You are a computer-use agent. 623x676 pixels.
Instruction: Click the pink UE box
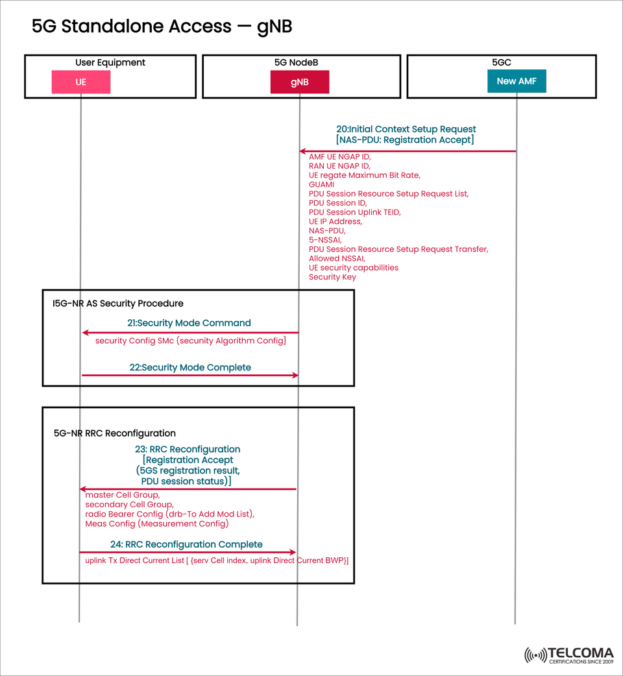coord(81,82)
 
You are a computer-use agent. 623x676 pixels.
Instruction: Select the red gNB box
coord(299,82)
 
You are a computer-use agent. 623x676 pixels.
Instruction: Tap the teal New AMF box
coord(517,81)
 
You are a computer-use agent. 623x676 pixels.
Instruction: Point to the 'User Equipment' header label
coord(110,62)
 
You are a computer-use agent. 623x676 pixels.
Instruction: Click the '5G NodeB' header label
coord(296,62)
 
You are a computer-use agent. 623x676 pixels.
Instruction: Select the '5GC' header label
coord(502,62)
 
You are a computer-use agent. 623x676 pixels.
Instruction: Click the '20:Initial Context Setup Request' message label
coord(406,129)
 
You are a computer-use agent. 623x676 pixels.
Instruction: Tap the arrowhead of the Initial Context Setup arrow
coord(302,151)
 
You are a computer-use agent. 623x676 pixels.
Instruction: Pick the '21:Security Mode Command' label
coord(189,322)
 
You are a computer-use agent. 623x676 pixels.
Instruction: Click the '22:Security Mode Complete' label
coord(190,367)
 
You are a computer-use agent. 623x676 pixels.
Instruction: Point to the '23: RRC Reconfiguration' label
coord(188,449)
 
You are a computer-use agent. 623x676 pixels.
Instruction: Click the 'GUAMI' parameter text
coord(321,184)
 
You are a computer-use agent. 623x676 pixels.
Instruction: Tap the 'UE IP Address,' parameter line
coord(335,221)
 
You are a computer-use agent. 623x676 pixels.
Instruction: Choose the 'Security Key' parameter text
coord(333,277)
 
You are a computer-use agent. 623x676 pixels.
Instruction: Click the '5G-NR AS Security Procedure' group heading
coord(118,303)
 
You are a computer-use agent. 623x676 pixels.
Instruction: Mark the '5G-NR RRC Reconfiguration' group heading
coord(115,433)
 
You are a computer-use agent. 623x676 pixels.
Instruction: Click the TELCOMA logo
coord(568,655)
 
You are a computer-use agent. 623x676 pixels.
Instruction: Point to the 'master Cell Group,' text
coord(122,495)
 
